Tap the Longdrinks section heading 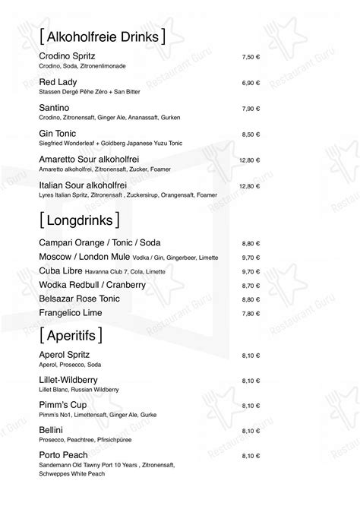pyautogui.click(x=80, y=220)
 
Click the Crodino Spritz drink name pyautogui.click(x=66, y=57)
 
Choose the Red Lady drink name pyautogui.click(x=56, y=81)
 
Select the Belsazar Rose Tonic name pyautogui.click(x=81, y=299)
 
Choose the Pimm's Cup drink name pyautogui.click(x=61, y=405)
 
